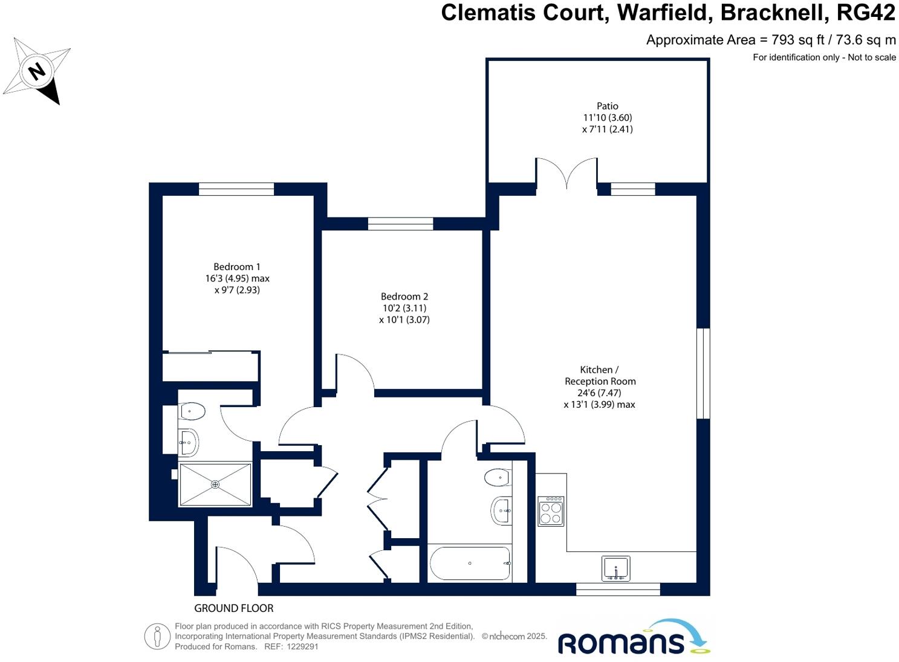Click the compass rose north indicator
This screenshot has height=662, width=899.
point(37,71)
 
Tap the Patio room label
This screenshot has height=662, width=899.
point(607,106)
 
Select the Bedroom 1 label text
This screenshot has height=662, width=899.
point(236,267)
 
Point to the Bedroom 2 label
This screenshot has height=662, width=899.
point(404,297)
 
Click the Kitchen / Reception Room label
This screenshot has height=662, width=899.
point(599,376)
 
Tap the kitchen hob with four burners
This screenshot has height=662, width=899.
point(551,511)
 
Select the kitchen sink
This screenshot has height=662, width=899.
point(615,568)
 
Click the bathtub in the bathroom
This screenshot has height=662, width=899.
point(470,563)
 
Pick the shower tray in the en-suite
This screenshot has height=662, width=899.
point(215,484)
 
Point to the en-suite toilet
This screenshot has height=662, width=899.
point(192,411)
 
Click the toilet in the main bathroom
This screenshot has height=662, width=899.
point(498,478)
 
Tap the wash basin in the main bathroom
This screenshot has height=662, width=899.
point(501,510)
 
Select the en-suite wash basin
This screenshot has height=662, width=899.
point(189,443)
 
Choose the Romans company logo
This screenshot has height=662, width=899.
point(633,638)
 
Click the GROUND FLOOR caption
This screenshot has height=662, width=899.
point(233,608)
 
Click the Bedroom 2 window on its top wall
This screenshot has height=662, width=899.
point(400,224)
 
